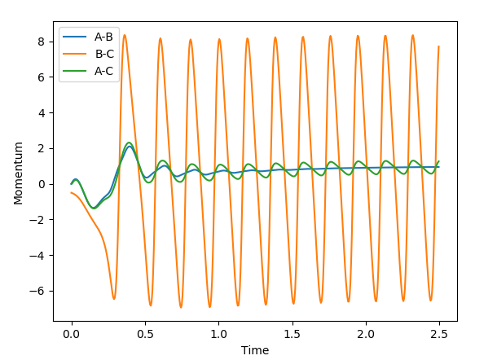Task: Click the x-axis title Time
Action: tap(255, 350)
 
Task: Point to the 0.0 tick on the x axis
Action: tap(72, 334)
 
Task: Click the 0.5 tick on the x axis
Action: tap(145, 334)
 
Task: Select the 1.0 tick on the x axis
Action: tap(218, 334)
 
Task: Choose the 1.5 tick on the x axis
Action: tap(292, 334)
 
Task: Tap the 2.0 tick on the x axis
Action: tap(366, 334)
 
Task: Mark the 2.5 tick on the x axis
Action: tap(439, 334)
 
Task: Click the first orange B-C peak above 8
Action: tap(125, 35)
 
